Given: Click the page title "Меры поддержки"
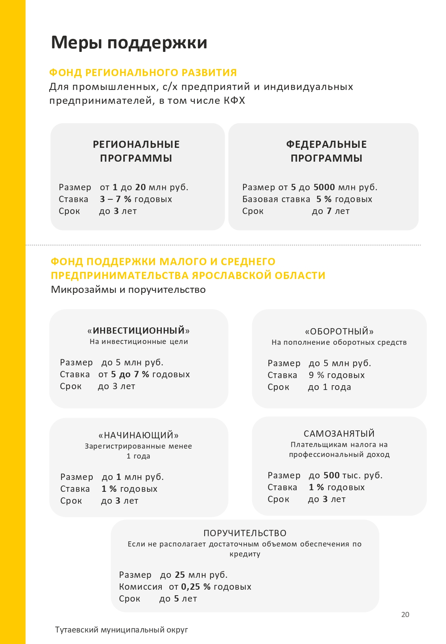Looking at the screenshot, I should coord(129,42).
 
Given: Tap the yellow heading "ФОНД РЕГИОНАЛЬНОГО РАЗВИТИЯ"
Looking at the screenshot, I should coord(143,73).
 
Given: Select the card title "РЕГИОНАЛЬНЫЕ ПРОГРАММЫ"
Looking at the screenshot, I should coord(136,151).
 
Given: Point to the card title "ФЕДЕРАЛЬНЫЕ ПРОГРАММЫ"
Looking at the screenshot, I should coord(326,151).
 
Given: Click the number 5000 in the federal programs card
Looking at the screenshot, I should coord(324,187).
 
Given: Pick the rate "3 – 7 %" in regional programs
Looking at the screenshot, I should coord(115,199).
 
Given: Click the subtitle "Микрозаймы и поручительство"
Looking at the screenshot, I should coord(128,290).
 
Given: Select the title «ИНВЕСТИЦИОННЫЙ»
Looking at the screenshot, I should coord(138,331).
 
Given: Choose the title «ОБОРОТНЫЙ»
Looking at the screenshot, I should coord(339,331).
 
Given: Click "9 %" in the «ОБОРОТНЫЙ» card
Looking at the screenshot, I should coord(316,375).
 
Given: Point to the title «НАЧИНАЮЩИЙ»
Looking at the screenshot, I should coord(138,435).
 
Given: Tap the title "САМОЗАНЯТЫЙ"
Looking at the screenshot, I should coord(339,434).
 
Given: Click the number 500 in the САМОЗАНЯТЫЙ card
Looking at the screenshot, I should coord(331,475).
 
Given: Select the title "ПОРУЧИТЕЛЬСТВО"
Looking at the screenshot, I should coord(245,533).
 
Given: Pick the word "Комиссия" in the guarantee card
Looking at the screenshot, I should coord(141,587).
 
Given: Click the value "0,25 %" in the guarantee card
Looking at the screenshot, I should coord(196,587).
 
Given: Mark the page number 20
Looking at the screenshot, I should coord(405,614).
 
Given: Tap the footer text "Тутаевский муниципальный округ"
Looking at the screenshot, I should coord(121,630).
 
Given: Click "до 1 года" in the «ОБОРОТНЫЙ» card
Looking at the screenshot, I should coord(329,387).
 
